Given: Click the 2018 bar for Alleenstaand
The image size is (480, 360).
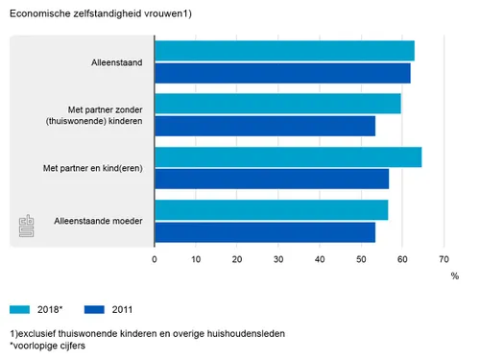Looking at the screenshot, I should coord(284,51).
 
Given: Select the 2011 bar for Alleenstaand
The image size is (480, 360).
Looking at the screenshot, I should coord(282,73).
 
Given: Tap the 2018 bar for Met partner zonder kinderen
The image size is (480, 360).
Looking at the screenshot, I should coord(277,104).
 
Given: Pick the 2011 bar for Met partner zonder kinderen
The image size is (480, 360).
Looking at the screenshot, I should coord(265,126).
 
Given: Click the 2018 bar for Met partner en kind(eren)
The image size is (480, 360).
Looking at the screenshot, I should coord(288,157).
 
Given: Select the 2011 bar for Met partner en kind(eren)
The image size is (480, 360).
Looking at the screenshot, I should coord(272,180).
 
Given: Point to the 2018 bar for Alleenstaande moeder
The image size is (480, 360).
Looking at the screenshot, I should coord(271,210).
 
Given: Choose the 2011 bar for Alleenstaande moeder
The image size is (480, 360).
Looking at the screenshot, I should coord(265,232).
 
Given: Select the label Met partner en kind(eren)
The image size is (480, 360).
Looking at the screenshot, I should coord(93,169).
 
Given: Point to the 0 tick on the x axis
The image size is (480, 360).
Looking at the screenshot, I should coord(155,259).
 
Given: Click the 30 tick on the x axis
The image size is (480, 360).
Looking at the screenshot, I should coord(278,259).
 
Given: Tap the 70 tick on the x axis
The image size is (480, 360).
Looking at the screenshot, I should coord(444,259).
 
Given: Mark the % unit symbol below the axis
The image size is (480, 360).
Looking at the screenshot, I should coord(455,276).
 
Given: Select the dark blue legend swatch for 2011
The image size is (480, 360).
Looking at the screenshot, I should coord(95,309).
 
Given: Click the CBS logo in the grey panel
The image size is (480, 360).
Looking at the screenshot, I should coord(27,228).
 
